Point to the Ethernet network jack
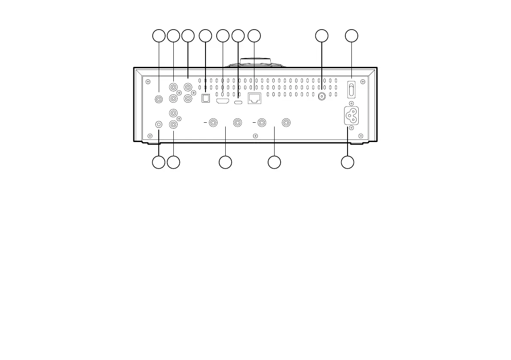point(254,99)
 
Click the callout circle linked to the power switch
point(352,36)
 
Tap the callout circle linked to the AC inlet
point(348,162)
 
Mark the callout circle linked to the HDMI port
point(223,36)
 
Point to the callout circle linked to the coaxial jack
point(321,36)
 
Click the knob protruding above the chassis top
point(256,62)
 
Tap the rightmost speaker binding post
point(286,123)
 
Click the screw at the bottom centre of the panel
point(255,136)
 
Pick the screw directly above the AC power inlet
point(351,103)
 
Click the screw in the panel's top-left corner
point(148,82)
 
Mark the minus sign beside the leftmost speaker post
point(205,123)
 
